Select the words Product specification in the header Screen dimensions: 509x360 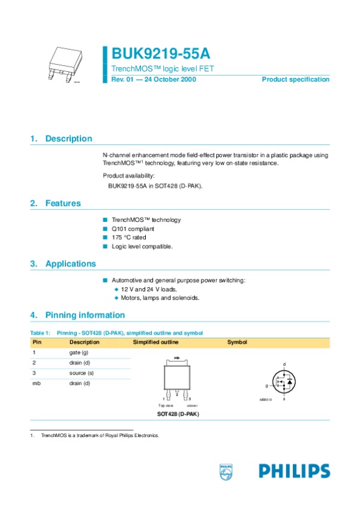coord(295,80)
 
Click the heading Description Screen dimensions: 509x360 coord(68,139)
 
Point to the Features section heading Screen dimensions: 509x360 coord(63,203)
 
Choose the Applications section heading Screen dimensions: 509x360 coord(70,264)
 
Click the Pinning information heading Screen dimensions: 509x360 coord(85,315)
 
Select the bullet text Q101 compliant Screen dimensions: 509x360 coord(133,229)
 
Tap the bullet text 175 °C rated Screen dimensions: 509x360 coord(128,237)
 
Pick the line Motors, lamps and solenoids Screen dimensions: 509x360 coord(160,298)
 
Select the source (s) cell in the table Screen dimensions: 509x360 coord(81,373)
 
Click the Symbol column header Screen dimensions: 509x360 coord(237,342)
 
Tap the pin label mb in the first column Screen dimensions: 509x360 coord(35,383)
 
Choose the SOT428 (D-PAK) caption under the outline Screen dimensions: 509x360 coord(178,414)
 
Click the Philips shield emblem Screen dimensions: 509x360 coord(226,471)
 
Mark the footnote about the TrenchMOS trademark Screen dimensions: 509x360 coord(100,435)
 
